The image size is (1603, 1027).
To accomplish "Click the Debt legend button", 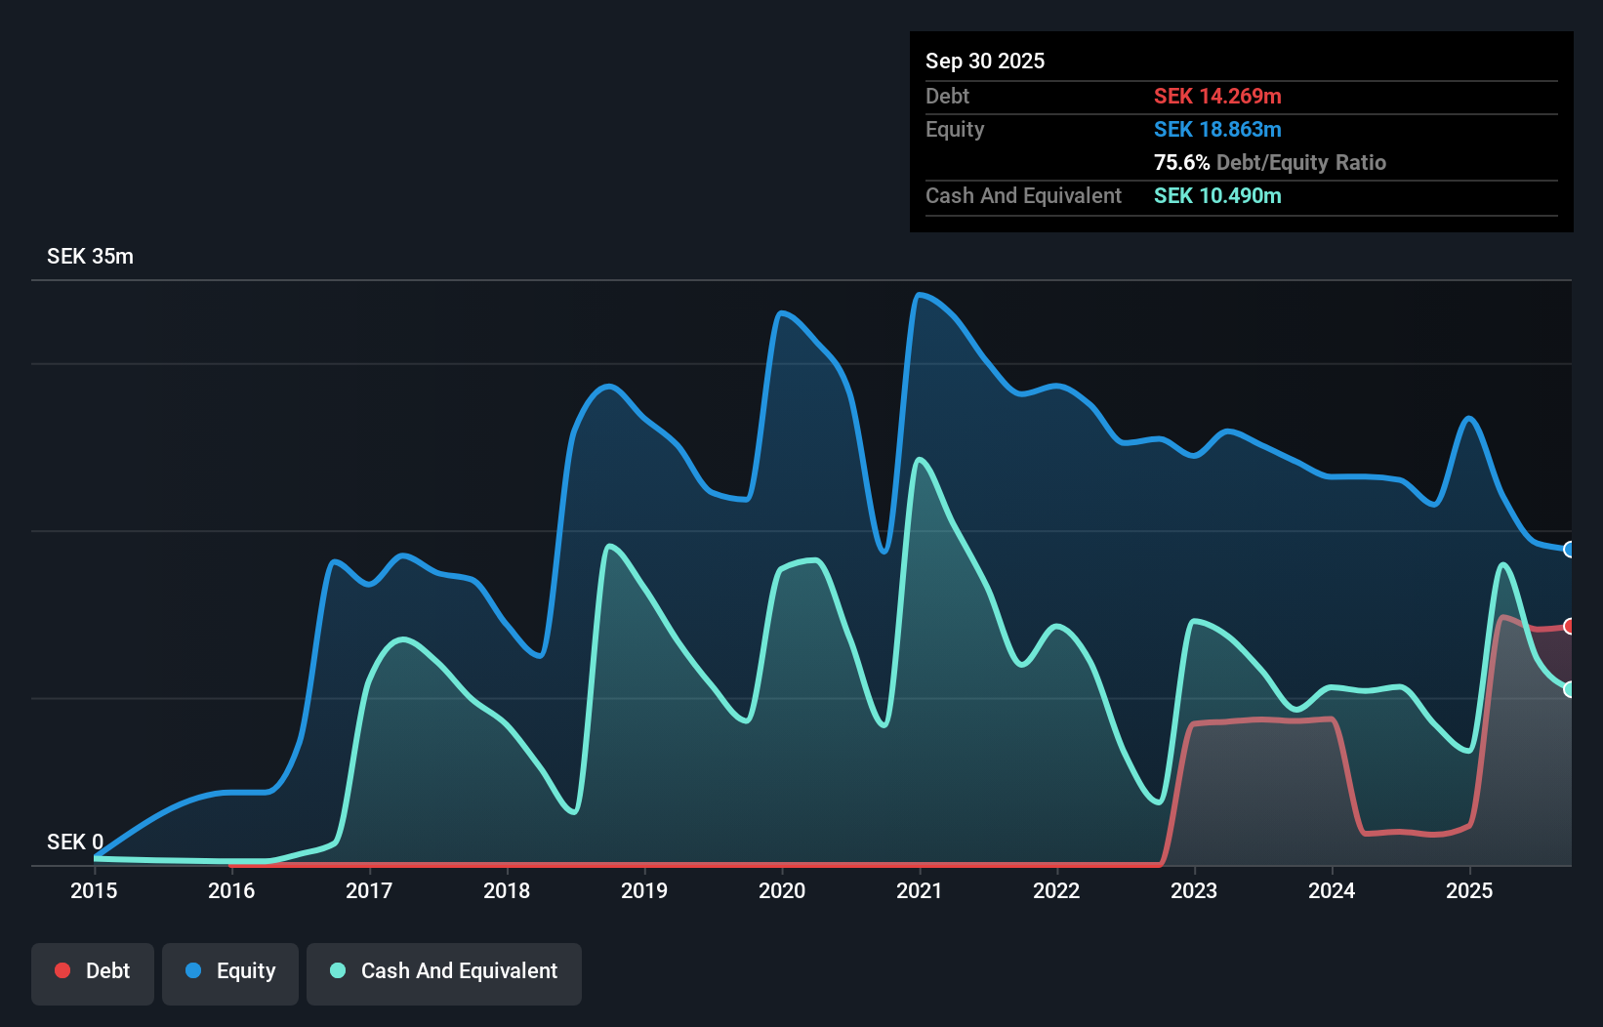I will point(93,972).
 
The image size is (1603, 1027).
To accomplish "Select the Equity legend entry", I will point(230,972).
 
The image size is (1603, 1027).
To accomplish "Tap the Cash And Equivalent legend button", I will point(444,972).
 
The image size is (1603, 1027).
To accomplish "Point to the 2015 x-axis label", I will point(94,890).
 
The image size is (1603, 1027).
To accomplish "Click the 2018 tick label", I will point(507,890).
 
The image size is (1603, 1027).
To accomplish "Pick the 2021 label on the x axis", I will point(920,890).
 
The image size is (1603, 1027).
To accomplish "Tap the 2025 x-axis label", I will point(1469,890).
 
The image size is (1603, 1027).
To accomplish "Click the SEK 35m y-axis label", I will point(90,257).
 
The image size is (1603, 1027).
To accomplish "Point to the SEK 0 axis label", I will point(75,842).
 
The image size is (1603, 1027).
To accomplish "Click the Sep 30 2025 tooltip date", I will point(985,61).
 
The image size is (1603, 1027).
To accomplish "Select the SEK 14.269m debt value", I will point(1217,96).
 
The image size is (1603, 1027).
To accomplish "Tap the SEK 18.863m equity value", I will point(1217,129).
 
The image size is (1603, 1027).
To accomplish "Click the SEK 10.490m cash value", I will point(1217,195).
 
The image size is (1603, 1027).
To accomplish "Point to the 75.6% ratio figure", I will point(1181,162).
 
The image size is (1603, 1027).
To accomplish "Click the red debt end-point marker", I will point(1570,626).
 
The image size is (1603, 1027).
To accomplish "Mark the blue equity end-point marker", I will point(1570,550).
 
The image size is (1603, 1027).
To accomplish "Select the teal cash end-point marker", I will point(1570,689).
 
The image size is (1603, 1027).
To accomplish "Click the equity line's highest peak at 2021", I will point(919,294).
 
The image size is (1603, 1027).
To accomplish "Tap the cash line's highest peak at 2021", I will point(920,459).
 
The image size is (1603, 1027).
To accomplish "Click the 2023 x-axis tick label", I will point(1194,890).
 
